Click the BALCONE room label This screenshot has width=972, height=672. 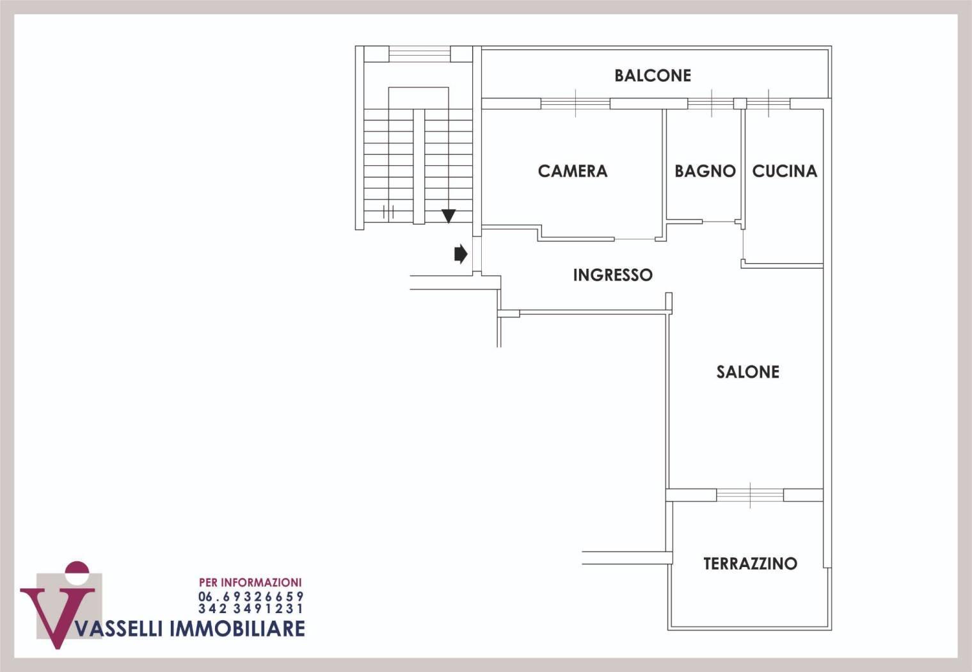pyautogui.click(x=653, y=76)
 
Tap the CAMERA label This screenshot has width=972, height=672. pyautogui.click(x=573, y=171)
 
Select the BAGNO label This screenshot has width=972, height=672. pyautogui.click(x=705, y=171)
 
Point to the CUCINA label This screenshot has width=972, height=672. pyautogui.click(x=785, y=171)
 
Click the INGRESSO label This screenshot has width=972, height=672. pyautogui.click(x=613, y=275)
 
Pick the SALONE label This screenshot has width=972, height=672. pyautogui.click(x=747, y=372)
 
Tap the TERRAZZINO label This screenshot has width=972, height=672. pyautogui.click(x=750, y=563)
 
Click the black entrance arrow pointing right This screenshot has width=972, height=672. pyautogui.click(x=461, y=254)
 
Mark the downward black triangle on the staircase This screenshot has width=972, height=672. pyautogui.click(x=449, y=216)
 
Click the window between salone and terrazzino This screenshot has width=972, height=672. pyautogui.click(x=750, y=495)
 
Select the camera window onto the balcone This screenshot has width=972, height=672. pyautogui.click(x=575, y=104)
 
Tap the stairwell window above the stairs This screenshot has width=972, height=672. pyautogui.click(x=419, y=54)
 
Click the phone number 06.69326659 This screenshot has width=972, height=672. pyautogui.click(x=251, y=596)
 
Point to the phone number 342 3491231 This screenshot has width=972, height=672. pyautogui.click(x=251, y=609)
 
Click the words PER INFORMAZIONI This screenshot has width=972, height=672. pyautogui.click(x=250, y=582)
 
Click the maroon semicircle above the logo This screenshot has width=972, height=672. pyautogui.click(x=77, y=568)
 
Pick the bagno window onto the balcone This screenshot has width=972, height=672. pyautogui.click(x=711, y=104)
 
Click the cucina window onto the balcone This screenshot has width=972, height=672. pyautogui.click(x=768, y=104)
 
